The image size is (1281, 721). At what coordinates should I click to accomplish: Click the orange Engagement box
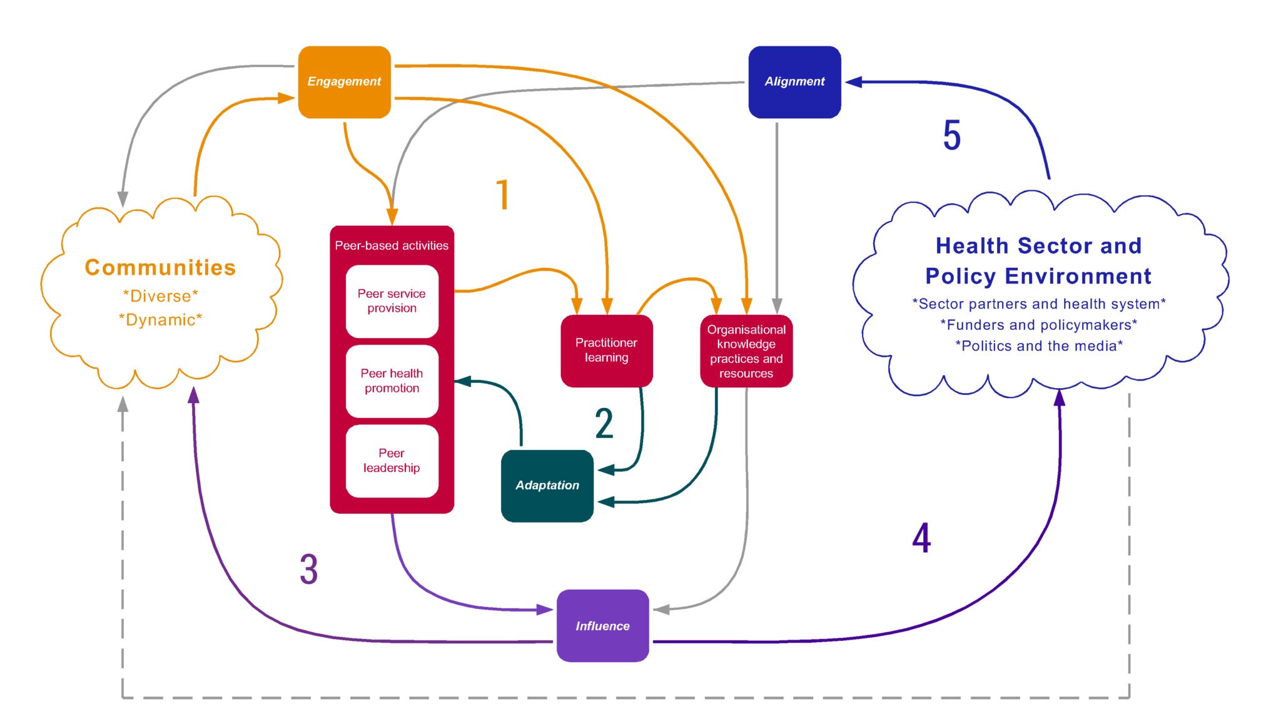[344, 82]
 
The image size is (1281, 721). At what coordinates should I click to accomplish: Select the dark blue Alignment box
[794, 82]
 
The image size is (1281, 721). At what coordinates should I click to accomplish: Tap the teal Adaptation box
[547, 486]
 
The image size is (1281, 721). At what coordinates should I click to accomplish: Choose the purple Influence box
[602, 626]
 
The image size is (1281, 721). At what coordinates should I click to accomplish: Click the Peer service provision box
[392, 301]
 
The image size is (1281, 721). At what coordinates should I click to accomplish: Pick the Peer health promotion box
[392, 381]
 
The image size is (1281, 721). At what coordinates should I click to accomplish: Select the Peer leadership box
[392, 461]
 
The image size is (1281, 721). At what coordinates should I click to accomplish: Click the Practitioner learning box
[606, 350]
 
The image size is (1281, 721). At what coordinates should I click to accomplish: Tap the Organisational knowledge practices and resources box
[746, 351]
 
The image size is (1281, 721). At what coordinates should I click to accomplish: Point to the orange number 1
[503, 195]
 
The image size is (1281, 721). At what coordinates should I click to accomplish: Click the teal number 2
[604, 424]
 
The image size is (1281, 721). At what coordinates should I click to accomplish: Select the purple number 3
[308, 570]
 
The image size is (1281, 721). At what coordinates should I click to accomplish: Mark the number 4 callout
[921, 538]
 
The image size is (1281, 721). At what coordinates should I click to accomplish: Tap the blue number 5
[951, 136]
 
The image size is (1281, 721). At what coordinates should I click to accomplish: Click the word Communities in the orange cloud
[160, 268]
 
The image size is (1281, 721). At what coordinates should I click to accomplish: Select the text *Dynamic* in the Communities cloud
[160, 320]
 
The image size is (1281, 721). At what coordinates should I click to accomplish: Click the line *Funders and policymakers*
[1038, 325]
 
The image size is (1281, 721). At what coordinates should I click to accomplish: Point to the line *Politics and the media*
[1038, 346]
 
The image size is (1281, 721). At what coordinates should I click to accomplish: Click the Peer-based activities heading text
[392, 246]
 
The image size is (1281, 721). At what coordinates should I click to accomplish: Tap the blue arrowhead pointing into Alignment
[853, 82]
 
